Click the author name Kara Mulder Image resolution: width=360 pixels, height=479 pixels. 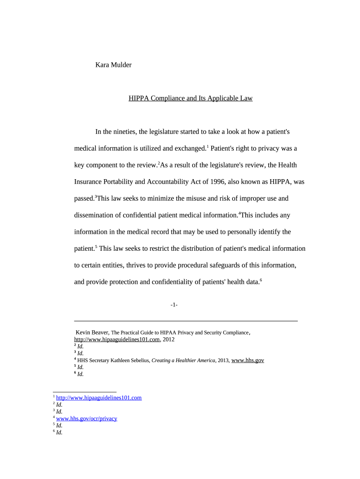[x=113, y=65]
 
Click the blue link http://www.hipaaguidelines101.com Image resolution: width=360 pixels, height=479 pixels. [x=99, y=398]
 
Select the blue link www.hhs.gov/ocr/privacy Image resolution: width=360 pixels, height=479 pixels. [x=86, y=419]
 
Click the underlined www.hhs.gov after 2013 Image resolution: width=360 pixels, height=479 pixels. [x=248, y=360]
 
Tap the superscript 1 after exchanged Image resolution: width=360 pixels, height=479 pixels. [x=208, y=147]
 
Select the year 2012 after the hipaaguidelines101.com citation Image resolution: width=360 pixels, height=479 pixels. [x=168, y=340]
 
